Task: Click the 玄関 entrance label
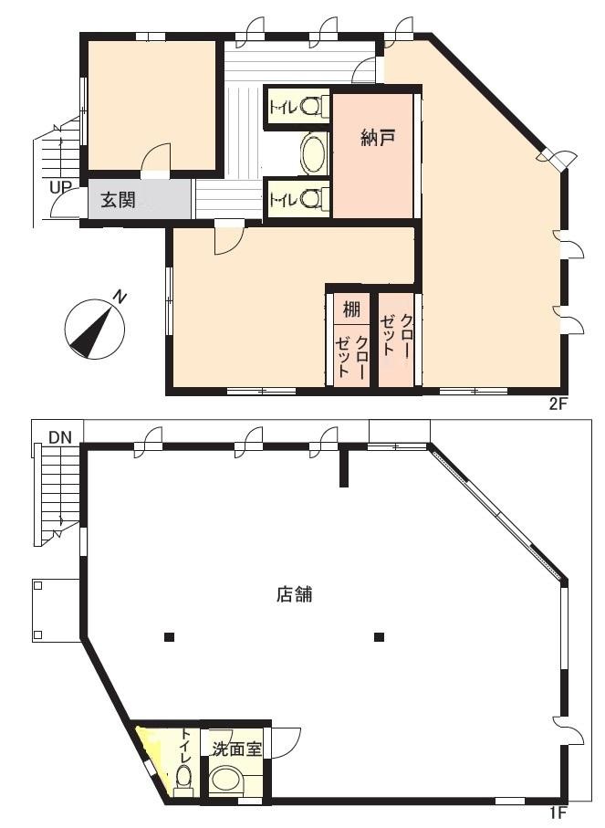[x=119, y=200]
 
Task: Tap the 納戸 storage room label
[x=379, y=138]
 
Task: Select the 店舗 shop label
[x=295, y=594]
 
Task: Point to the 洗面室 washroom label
[x=237, y=749]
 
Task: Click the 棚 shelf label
[x=351, y=309]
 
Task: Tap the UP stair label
[x=61, y=187]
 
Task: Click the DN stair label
[x=61, y=437]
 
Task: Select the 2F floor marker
[x=558, y=404]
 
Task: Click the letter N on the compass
[x=120, y=298]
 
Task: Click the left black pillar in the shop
[x=169, y=637]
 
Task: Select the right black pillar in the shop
[x=379, y=637]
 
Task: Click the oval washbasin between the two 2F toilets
[x=314, y=152]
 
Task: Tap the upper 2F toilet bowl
[x=310, y=107]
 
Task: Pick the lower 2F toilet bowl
[x=310, y=198]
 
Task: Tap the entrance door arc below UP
[x=64, y=203]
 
